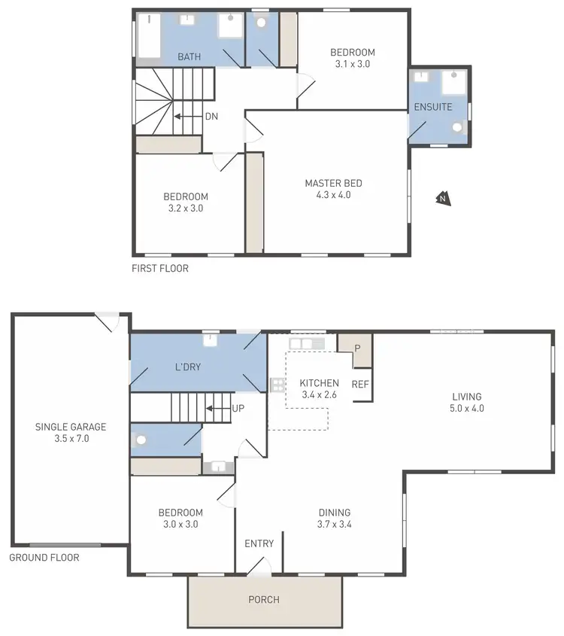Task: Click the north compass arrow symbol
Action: click(443, 199)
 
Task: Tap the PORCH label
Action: click(263, 600)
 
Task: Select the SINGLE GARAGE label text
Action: click(71, 427)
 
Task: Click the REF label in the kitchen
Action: click(360, 384)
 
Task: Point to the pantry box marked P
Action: click(357, 348)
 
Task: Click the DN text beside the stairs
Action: click(212, 117)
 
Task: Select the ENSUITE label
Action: click(433, 107)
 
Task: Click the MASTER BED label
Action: click(333, 183)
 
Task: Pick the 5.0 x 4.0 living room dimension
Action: click(466, 409)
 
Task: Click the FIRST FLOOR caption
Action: click(160, 268)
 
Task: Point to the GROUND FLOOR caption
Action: click(44, 558)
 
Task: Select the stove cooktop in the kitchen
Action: click(277, 385)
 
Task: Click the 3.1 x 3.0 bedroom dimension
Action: click(352, 64)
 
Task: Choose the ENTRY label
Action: click(259, 543)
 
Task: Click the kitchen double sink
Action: click(306, 344)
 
